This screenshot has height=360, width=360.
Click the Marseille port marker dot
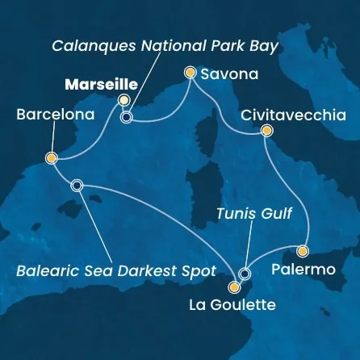(x=123, y=100)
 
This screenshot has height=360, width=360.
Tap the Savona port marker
(x=190, y=73)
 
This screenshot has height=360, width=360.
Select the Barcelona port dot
(x=51, y=158)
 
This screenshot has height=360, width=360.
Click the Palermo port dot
(x=303, y=250)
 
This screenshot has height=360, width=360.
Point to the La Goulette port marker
(x=234, y=287)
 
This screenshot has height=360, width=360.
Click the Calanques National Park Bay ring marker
(x=126, y=117)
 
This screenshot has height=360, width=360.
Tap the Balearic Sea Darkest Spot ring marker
(x=77, y=185)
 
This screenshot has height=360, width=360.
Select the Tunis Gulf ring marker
(x=245, y=274)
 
